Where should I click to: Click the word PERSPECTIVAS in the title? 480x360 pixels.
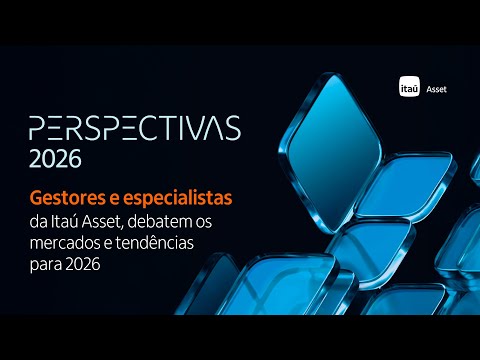tap(134, 128)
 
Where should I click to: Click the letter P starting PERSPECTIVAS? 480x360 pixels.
tap(37, 128)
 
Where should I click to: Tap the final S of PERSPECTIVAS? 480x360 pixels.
tap(233, 128)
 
